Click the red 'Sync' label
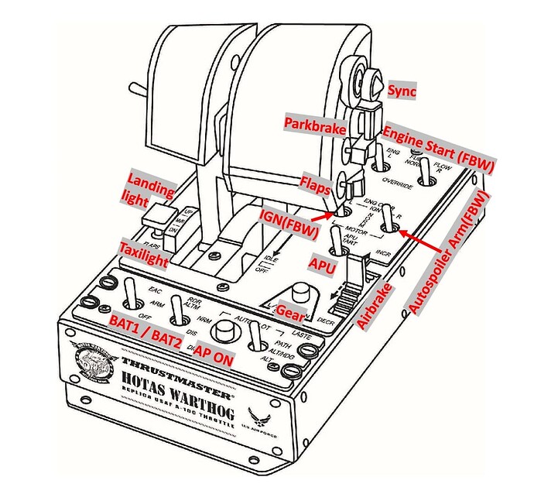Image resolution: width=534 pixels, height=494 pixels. (x=402, y=91)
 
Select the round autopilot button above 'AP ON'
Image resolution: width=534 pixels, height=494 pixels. (x=225, y=329)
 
